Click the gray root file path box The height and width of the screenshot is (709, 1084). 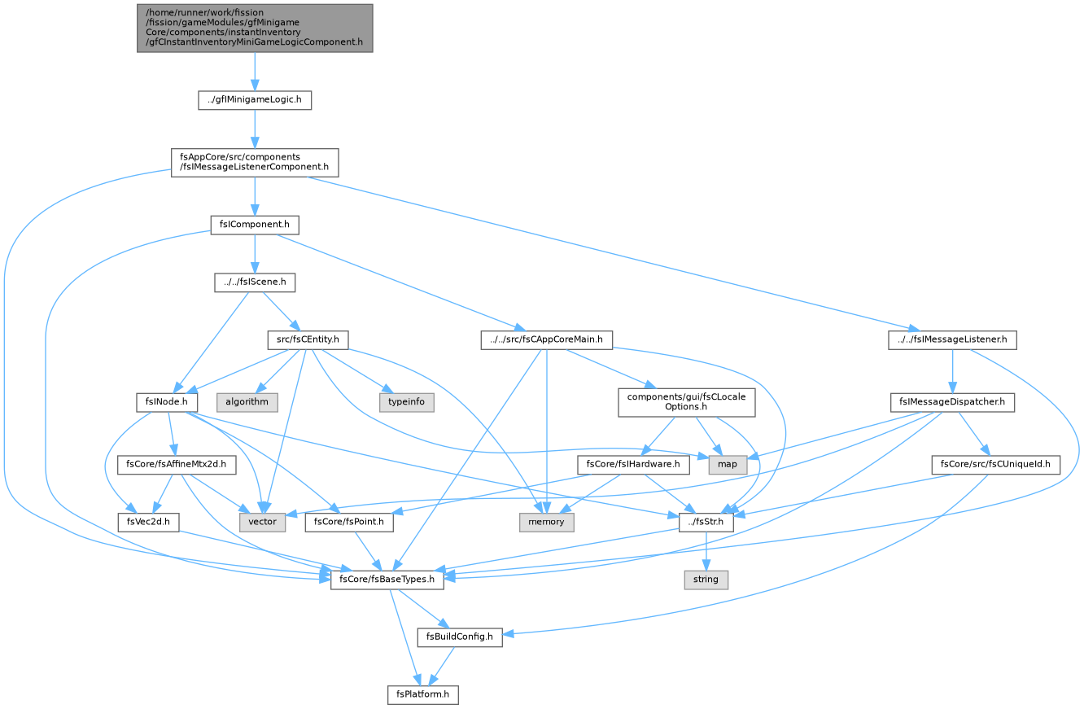click(255, 28)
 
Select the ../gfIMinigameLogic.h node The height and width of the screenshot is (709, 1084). click(255, 100)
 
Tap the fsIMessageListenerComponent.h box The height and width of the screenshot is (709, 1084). click(255, 163)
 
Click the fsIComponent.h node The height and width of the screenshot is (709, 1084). click(255, 225)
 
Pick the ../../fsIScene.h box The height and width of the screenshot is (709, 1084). click(255, 282)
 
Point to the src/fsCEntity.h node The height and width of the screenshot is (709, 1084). click(308, 340)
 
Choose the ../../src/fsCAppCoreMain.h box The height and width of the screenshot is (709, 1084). click(546, 340)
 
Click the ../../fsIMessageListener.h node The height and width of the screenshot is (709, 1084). click(952, 340)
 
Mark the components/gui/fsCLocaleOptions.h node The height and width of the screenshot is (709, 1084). click(686, 403)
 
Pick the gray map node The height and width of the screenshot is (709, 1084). click(728, 465)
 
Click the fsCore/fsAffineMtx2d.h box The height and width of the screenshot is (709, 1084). click(176, 465)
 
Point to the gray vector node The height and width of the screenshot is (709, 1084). click(262, 523)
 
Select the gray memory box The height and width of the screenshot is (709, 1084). click(546, 523)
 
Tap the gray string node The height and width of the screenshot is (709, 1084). click(706, 580)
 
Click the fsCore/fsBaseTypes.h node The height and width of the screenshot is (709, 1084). click(387, 580)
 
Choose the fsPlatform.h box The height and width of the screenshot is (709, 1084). click(422, 695)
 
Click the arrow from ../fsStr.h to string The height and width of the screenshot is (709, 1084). click(706, 551)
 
